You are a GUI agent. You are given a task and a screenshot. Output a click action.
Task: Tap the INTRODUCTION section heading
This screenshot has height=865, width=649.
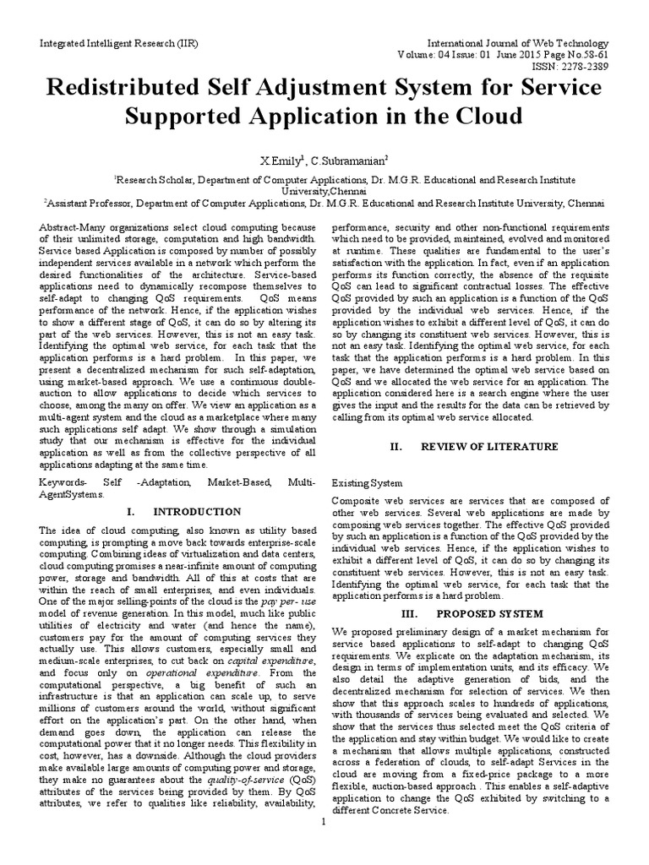pyautogui.click(x=196, y=512)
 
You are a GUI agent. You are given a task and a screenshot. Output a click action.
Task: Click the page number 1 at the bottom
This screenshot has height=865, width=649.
pyautogui.click(x=324, y=845)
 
